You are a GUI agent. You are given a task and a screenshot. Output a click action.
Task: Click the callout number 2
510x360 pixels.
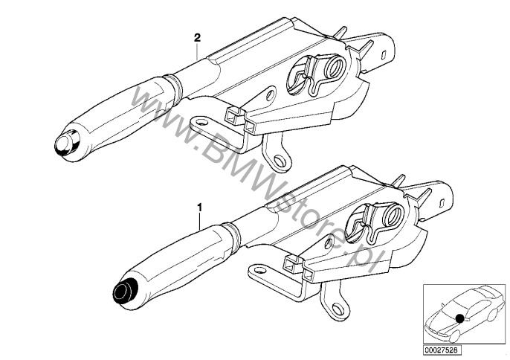(198, 38)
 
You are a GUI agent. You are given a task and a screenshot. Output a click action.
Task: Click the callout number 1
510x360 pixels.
(200, 208)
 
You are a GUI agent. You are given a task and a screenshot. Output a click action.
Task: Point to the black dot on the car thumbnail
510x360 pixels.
(459, 318)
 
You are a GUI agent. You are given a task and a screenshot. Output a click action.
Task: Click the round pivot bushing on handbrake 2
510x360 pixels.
(336, 67)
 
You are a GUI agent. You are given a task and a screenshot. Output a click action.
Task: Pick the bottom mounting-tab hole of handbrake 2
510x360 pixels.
(278, 160)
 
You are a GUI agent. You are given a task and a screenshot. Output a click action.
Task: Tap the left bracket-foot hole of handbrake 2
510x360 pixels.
(202, 123)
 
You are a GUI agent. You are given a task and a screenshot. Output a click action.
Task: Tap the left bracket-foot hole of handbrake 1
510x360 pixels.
(260, 270)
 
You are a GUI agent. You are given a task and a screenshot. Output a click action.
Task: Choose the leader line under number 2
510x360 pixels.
(198, 52)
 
